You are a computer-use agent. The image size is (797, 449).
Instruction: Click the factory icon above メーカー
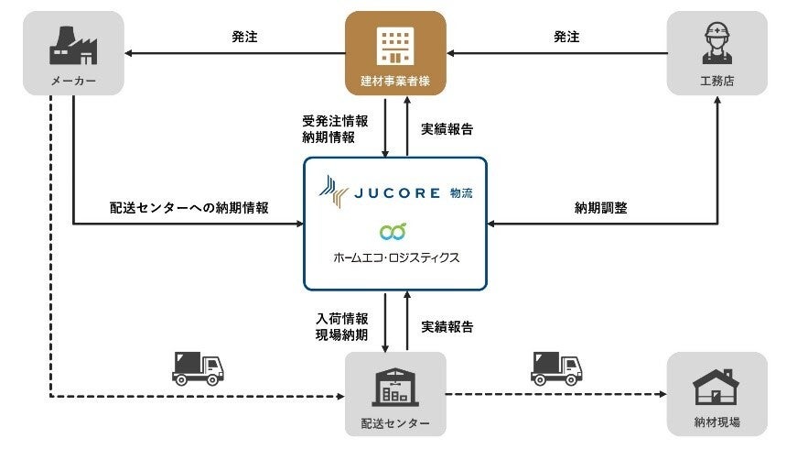pos(72,44)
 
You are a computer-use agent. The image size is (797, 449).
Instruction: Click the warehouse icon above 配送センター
pos(395,386)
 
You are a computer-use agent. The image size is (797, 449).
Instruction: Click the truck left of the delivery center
pos(198,368)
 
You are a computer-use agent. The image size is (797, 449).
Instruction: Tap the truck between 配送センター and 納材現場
pos(556,368)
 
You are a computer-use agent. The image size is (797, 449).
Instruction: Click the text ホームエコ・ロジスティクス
pos(395,257)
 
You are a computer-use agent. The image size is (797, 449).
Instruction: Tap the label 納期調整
pos(600,207)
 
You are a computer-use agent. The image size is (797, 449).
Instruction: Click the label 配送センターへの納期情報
pos(189,207)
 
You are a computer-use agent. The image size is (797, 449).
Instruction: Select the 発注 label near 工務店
pos(566,38)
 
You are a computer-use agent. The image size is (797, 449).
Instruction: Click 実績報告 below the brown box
pos(447,129)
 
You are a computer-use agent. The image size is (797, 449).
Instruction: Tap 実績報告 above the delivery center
pos(447,326)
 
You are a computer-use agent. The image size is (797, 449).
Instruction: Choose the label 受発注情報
pos(334,121)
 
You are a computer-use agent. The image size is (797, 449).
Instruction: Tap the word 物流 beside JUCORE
pos(462,192)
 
